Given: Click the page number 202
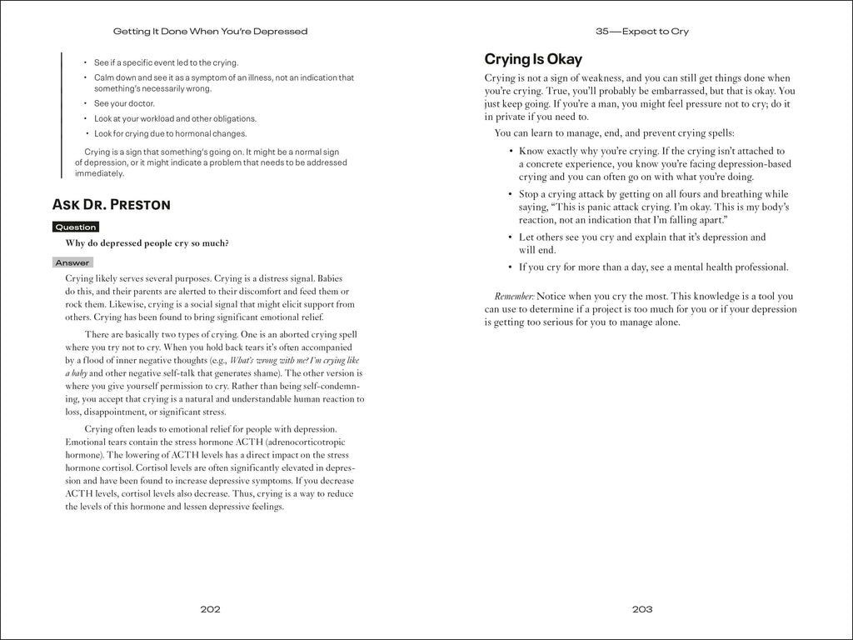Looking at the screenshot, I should [210, 609].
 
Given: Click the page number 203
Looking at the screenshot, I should [641, 609].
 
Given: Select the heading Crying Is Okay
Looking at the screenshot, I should [533, 59].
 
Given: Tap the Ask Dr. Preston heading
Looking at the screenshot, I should [112, 204].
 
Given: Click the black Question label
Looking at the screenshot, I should [76, 227].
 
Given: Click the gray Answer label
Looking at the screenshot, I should [72, 262].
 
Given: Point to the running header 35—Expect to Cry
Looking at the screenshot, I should [642, 32].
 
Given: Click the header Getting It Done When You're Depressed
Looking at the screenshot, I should [210, 32].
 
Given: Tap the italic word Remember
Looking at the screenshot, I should [514, 297].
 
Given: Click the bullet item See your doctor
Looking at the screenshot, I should [124, 103].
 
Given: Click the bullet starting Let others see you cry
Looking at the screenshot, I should [641, 243].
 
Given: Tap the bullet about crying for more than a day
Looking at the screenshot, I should [652, 267].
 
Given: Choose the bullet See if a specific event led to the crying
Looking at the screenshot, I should [166, 62].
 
